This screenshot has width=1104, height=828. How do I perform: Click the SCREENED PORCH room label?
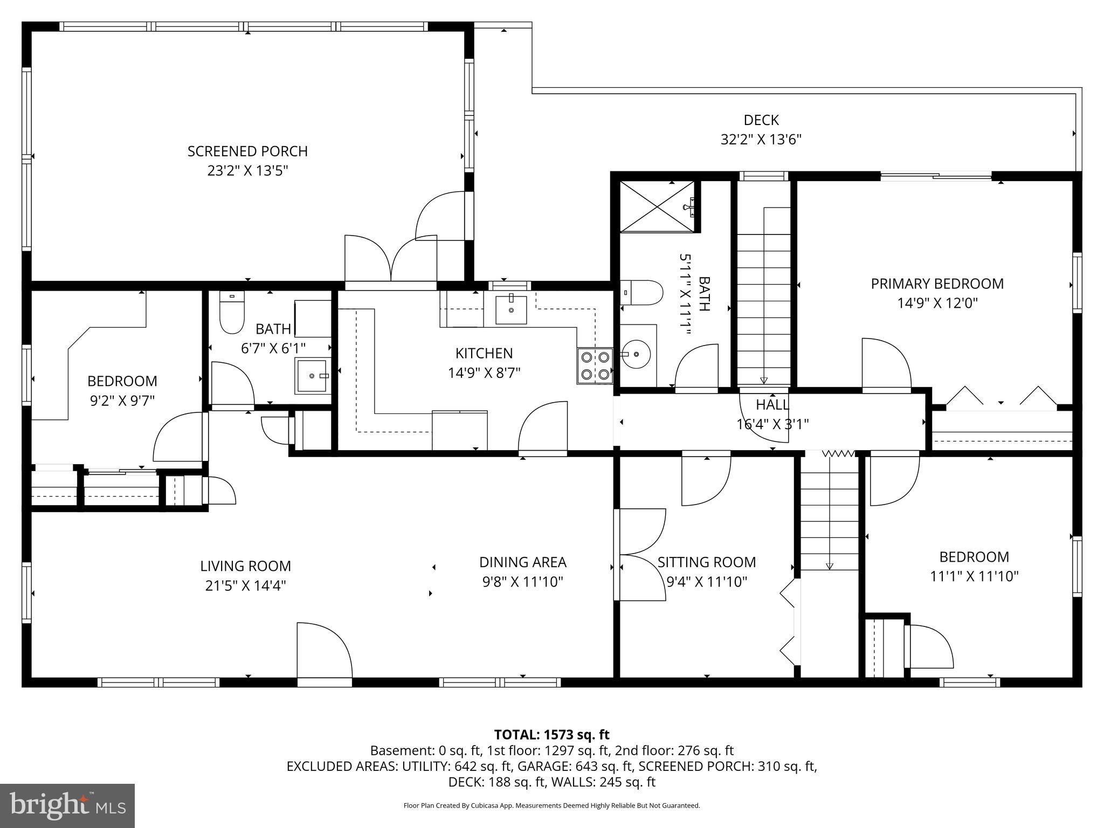pyautogui.click(x=247, y=151)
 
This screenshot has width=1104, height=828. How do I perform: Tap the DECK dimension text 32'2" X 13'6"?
pyautogui.click(x=761, y=140)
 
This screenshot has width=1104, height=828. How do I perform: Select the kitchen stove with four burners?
pyautogui.click(x=595, y=365)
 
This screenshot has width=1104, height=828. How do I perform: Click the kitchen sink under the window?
pyautogui.click(x=510, y=310)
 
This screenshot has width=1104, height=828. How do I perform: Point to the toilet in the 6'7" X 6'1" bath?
pyautogui.click(x=232, y=313)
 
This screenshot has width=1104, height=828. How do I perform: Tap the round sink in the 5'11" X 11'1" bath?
pyautogui.click(x=637, y=354)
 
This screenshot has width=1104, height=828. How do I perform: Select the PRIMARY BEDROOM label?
pyautogui.click(x=937, y=284)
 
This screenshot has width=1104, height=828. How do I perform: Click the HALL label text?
pyautogui.click(x=772, y=405)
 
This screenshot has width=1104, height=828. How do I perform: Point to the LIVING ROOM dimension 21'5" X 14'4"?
pyautogui.click(x=245, y=585)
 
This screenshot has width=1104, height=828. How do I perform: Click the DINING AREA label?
pyautogui.click(x=522, y=562)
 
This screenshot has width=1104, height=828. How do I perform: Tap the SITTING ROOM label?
pyautogui.click(x=706, y=562)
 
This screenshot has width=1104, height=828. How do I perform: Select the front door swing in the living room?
pyautogui.click(x=323, y=652)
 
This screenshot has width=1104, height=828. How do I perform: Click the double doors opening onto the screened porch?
pyautogui.click(x=391, y=259)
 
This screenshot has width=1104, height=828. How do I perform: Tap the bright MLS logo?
pyautogui.click(x=67, y=805)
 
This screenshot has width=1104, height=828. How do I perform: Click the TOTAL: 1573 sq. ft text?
pyautogui.click(x=551, y=735)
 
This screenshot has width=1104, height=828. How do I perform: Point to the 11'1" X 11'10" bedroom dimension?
pyautogui.click(x=974, y=576)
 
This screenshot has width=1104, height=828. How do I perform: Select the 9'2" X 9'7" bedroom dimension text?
pyautogui.click(x=122, y=401)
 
